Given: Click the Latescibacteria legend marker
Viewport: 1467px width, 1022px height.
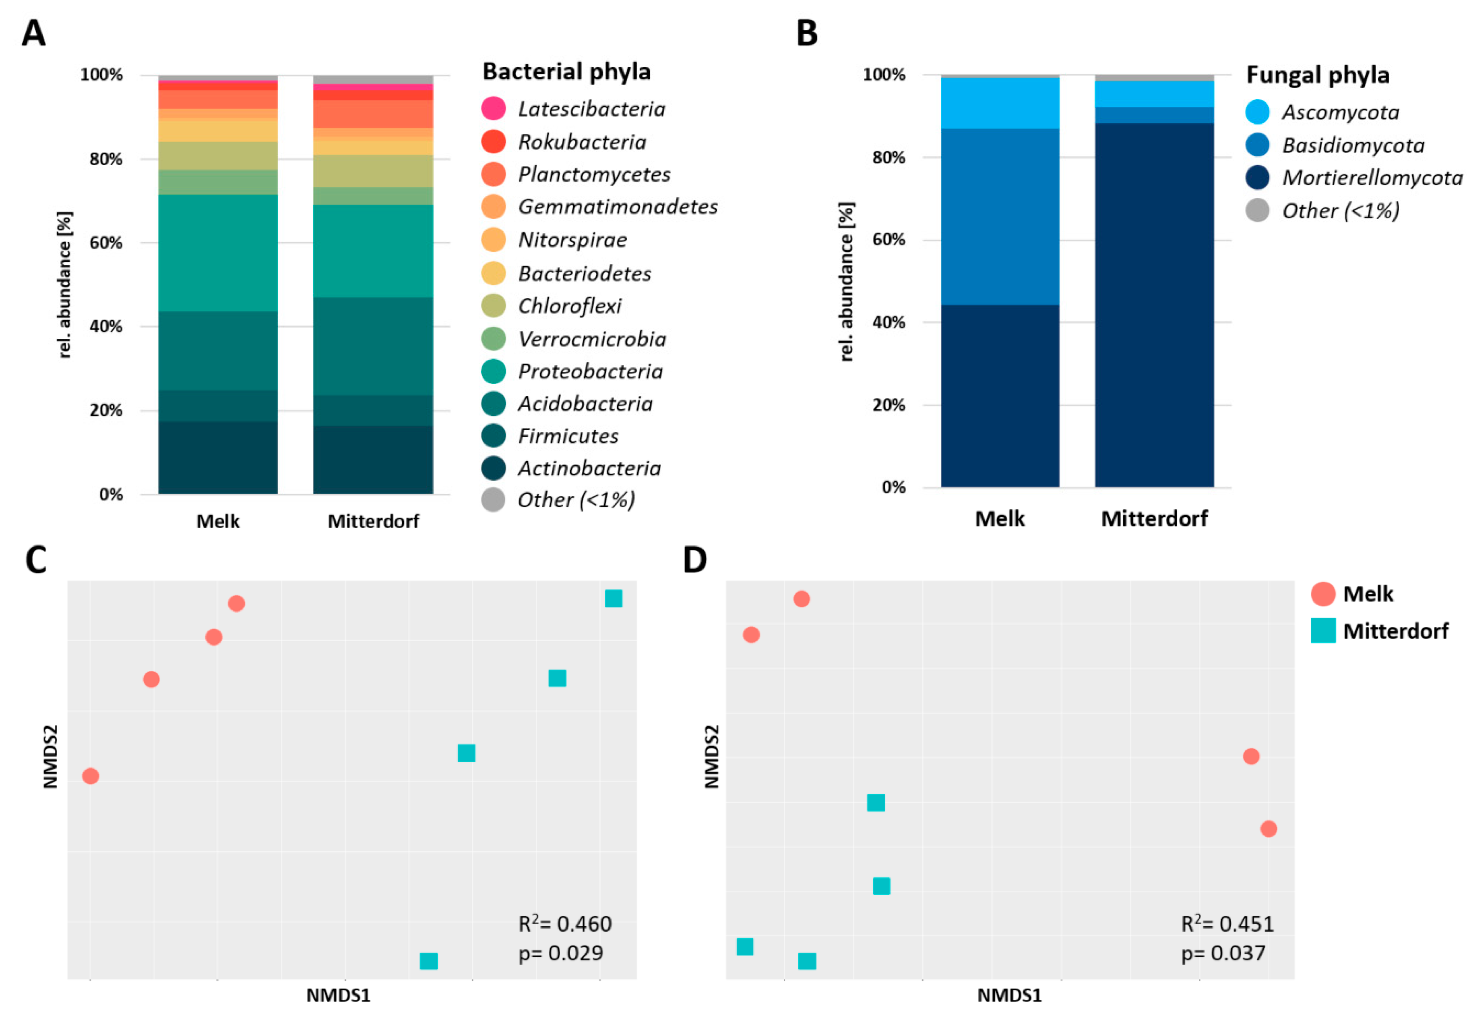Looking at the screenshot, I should (x=493, y=109).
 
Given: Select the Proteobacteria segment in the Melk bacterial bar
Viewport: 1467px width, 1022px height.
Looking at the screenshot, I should (x=218, y=253).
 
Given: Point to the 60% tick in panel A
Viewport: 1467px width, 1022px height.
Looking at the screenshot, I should (x=105, y=243).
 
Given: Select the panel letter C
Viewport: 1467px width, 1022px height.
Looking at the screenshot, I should (x=36, y=560).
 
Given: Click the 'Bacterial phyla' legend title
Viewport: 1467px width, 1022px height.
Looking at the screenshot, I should (x=566, y=72).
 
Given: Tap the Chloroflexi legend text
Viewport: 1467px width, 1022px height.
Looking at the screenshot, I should (x=569, y=306).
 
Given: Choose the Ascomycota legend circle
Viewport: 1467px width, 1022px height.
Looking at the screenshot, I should (x=1257, y=112).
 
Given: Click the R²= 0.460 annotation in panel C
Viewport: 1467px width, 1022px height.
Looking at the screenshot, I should (x=565, y=924).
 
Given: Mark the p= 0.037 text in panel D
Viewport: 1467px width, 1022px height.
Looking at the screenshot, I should (x=1223, y=953).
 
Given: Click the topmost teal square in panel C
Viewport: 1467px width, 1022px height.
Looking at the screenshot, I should (x=614, y=598).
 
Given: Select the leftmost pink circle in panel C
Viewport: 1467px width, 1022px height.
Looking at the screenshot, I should (x=91, y=776).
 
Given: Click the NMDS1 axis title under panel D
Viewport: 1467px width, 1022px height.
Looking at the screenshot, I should (x=1010, y=995).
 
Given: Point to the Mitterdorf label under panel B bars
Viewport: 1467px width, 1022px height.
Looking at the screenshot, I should (x=1154, y=518).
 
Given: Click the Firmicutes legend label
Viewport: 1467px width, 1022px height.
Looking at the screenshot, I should (x=568, y=436).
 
